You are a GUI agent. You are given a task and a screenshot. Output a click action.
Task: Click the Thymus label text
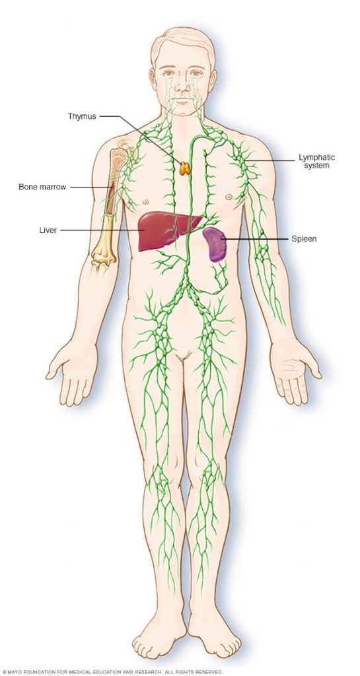(82, 116)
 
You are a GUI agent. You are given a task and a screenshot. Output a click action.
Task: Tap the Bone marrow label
(42, 187)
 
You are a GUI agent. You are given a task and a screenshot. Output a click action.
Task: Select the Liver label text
(48, 230)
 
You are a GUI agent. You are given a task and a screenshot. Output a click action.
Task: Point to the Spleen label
(304, 238)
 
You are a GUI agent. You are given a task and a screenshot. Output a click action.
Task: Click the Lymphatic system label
(317, 162)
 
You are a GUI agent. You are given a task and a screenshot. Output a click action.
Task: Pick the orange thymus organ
(185, 168)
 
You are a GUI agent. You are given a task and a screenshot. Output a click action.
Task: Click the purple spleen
(214, 244)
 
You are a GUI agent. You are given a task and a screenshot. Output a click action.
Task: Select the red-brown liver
(166, 230)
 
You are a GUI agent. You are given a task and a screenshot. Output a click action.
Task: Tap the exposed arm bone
(108, 207)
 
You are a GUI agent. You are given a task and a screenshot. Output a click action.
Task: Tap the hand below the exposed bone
(73, 371)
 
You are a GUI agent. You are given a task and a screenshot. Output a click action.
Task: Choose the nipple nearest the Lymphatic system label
(229, 197)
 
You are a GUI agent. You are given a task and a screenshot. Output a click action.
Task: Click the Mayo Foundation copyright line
(112, 672)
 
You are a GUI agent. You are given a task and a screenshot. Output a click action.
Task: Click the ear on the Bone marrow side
(153, 79)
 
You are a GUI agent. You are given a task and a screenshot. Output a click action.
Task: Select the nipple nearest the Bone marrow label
(146, 201)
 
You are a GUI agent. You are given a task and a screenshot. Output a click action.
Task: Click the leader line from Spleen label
(254, 239)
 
